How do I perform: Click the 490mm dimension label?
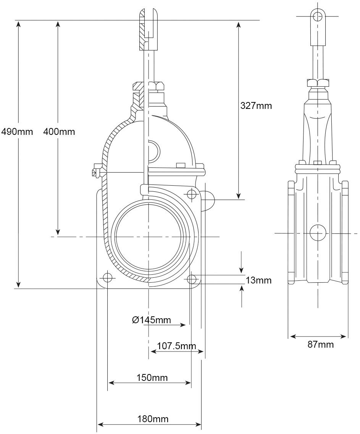point(17,131)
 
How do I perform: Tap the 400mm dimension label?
point(59,131)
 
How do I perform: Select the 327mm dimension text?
point(256,106)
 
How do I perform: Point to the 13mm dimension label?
point(259,280)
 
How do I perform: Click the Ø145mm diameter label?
point(152,320)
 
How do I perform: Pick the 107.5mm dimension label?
point(177,346)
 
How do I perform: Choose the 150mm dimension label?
point(152,377)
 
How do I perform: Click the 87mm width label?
point(321,345)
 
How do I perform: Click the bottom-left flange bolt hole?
point(107,277)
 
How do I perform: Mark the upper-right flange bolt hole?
point(191,194)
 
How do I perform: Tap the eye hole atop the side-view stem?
point(318,16)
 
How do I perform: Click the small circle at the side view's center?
point(318,233)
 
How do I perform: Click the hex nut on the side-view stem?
point(318,83)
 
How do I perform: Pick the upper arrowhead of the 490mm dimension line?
point(19,23)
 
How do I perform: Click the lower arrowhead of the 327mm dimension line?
point(238,196)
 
